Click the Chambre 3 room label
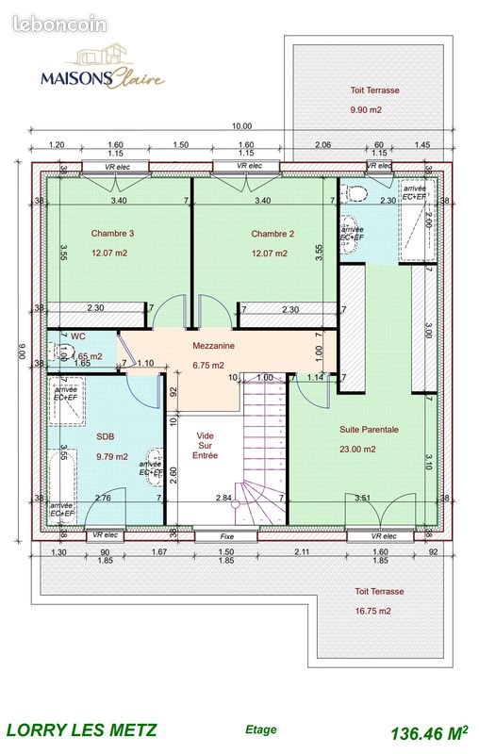pyautogui.click(x=112, y=233)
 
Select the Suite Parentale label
pyautogui.click(x=369, y=429)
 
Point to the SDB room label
pyautogui.click(x=105, y=435)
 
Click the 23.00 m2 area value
pyautogui.click(x=358, y=450)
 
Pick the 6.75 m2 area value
pyautogui.click(x=207, y=366)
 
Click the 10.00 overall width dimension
pyautogui.click(x=242, y=126)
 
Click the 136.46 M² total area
pyautogui.click(x=429, y=731)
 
